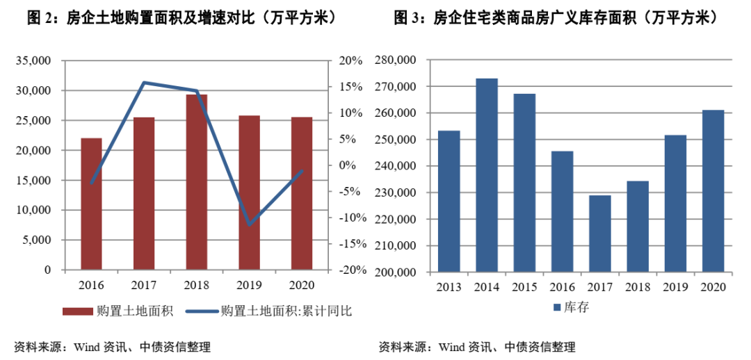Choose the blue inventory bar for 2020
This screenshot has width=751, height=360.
pyautogui.click(x=713, y=191)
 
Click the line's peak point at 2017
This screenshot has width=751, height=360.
pyautogui.click(x=144, y=83)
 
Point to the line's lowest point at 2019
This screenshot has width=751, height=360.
pyautogui.click(x=249, y=224)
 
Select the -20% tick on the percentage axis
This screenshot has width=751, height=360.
pyautogui.click(x=351, y=270)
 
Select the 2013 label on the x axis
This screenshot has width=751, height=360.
pyautogui.click(x=449, y=286)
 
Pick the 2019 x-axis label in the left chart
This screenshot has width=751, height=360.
pyautogui.click(x=249, y=285)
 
